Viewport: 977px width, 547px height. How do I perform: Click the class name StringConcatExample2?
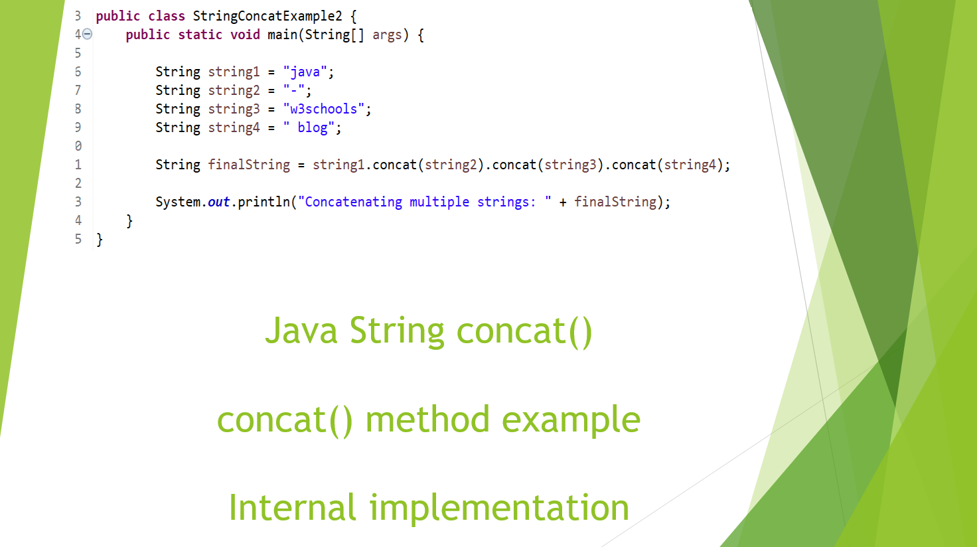tap(267, 16)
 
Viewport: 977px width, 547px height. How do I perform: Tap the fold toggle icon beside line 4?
tap(87, 35)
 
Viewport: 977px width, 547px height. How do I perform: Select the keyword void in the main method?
tap(245, 35)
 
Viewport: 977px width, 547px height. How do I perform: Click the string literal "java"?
tap(305, 72)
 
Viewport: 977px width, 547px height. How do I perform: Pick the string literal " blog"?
tap(309, 127)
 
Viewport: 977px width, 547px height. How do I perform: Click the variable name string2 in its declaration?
tap(234, 90)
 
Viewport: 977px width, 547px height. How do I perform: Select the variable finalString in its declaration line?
tap(249, 165)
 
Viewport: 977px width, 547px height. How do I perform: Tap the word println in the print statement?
tap(263, 202)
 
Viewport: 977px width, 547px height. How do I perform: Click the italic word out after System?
tap(218, 202)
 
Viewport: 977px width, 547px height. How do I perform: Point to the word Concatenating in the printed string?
tap(353, 202)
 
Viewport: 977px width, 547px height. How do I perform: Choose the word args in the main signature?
tap(387, 35)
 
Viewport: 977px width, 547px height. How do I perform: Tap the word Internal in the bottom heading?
tap(293, 508)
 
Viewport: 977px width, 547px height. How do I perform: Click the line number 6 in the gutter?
tap(78, 72)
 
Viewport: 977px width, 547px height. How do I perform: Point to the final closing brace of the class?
tap(100, 240)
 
